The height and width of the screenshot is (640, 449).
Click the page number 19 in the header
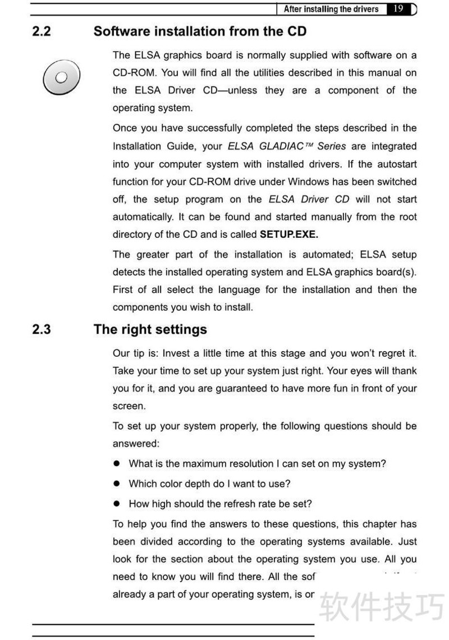[398, 9]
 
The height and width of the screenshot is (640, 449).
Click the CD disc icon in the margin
[61, 77]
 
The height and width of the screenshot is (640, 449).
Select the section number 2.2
[42, 31]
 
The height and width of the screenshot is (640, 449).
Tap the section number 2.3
[42, 329]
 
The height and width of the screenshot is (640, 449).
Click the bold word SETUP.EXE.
[289, 234]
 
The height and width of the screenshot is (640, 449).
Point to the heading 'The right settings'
[150, 329]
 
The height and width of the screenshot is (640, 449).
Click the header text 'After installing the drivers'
[331, 9]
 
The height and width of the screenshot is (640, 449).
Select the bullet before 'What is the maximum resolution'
[117, 464]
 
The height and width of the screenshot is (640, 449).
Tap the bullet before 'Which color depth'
[117, 484]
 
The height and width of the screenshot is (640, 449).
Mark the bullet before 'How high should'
[117, 504]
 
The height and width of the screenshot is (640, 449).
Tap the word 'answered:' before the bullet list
[136, 444]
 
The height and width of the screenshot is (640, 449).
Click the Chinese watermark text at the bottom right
[382, 607]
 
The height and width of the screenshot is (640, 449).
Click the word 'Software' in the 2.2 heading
[118, 31]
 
